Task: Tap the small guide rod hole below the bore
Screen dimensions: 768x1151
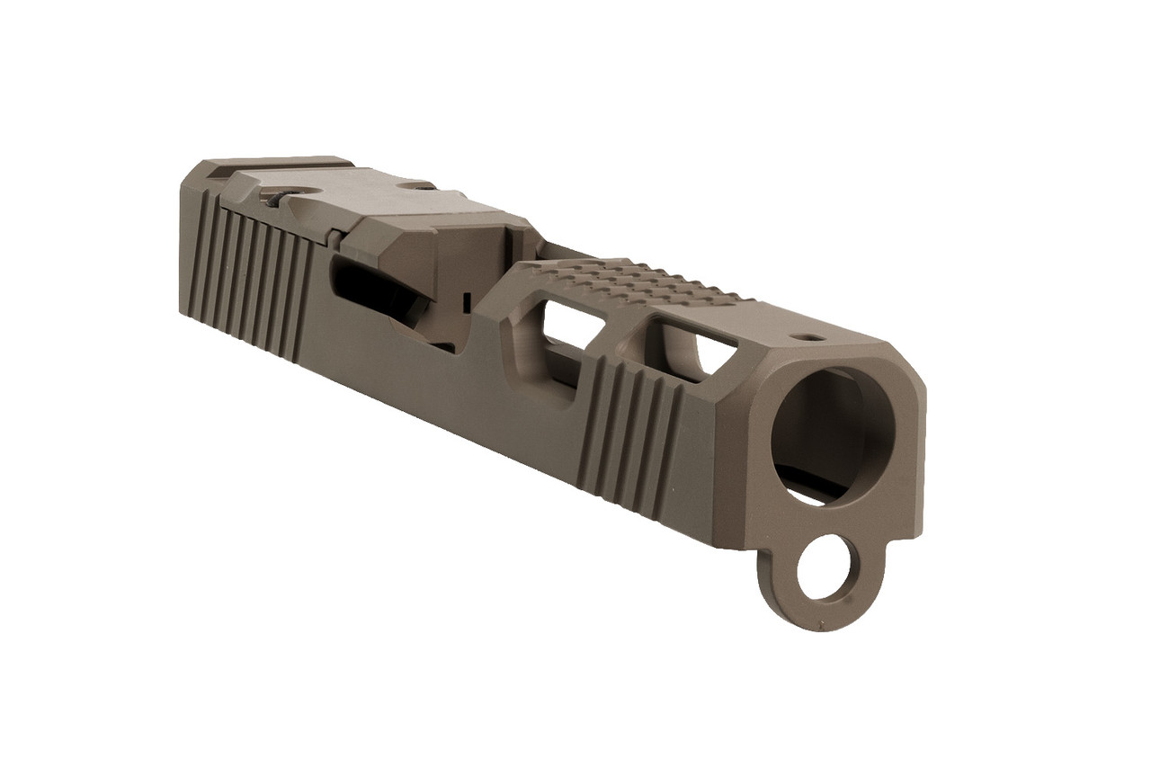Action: coord(824,569)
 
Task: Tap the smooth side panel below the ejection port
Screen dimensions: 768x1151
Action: coord(405,378)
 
